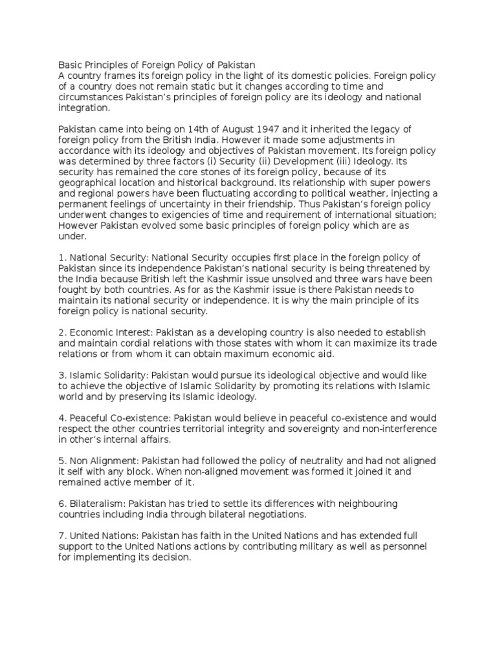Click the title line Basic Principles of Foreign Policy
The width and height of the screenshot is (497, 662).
157,65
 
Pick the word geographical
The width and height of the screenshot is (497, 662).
88,182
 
